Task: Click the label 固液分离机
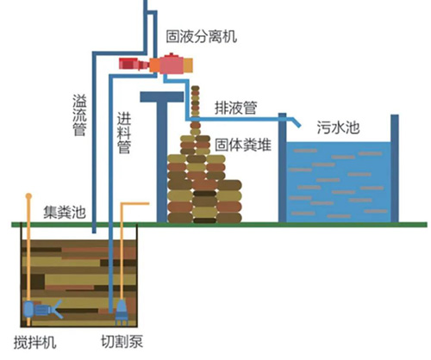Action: click(x=202, y=36)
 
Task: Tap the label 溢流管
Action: click(x=79, y=115)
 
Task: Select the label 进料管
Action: click(x=124, y=133)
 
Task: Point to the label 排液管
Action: click(x=236, y=108)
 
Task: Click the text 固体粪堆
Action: click(x=243, y=145)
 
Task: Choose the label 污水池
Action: click(x=338, y=127)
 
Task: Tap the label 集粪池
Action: click(x=65, y=213)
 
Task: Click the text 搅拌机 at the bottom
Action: click(x=35, y=342)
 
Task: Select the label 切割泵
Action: click(x=122, y=342)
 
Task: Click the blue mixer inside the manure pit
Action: click(x=42, y=309)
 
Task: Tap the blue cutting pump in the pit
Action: click(x=122, y=313)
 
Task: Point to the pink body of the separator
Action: click(x=172, y=65)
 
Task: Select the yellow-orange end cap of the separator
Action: click(x=188, y=65)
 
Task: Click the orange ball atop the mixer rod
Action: click(x=28, y=196)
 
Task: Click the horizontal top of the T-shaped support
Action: click(x=162, y=96)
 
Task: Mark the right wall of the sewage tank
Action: click(x=395, y=168)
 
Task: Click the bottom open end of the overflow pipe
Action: click(x=94, y=232)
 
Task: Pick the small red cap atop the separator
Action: click(x=172, y=54)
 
